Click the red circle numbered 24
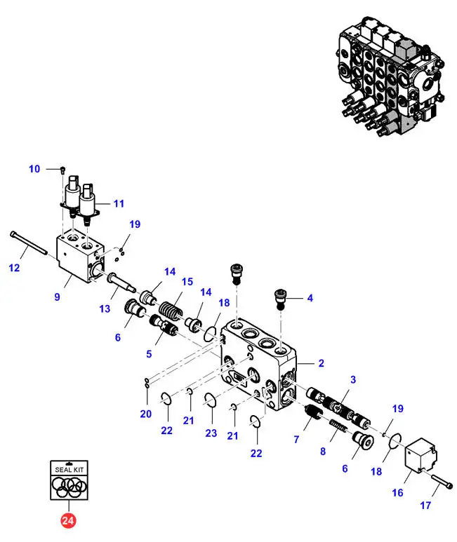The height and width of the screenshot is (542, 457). coord(68,521)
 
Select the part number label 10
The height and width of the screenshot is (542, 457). coord(35,169)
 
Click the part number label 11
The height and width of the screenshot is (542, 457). coord(119,204)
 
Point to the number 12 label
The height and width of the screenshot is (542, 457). coord(15,268)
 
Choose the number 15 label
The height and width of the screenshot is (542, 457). coord(187,281)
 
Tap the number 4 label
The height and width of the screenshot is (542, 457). coord(310,297)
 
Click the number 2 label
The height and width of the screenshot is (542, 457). coord(320,363)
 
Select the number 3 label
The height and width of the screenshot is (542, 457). coord(353,379)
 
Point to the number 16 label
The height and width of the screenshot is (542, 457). coord(397,493)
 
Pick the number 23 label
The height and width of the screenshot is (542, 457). coord(211,433)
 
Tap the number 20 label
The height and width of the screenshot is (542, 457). coord(145,414)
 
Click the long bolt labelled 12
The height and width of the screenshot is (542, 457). coord(28,243)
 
